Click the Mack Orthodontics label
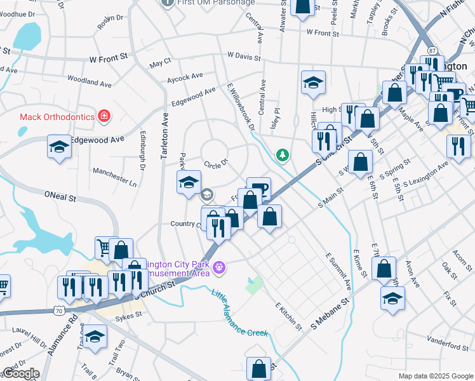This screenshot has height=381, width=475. click(57, 116)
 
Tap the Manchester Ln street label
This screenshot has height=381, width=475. click(114, 177)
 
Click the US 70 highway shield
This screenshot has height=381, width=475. click(59, 311)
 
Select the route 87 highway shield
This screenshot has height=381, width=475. click(432, 50)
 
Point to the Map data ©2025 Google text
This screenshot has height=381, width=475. click(435, 376)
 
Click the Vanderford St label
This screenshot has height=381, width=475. click(448, 347)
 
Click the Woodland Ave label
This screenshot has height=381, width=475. click(90, 83)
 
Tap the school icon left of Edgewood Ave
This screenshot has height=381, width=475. click(59, 147)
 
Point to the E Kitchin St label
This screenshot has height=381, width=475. click(288, 315)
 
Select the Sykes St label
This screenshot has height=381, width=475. click(128, 314)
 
